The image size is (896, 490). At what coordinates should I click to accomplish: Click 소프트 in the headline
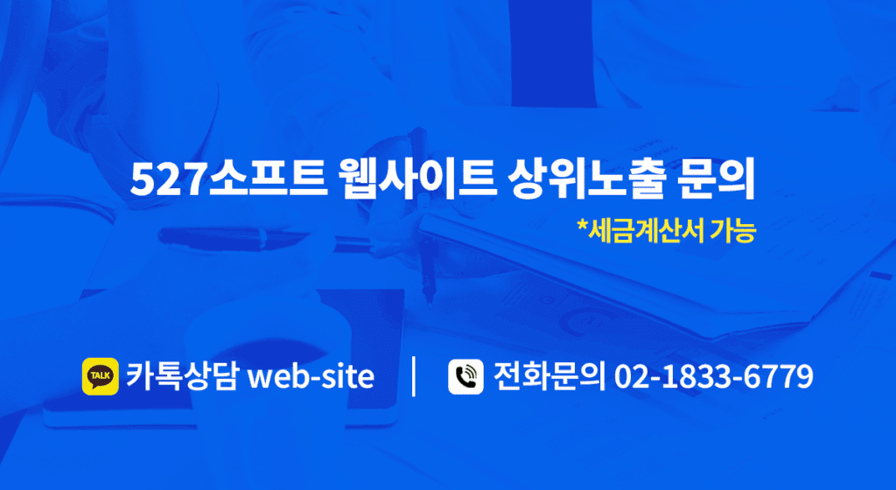click(267, 180)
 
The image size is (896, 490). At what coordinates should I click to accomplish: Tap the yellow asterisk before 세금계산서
click(582, 225)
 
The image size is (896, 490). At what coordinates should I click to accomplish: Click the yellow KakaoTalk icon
click(101, 376)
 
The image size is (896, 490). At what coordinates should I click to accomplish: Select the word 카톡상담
click(181, 376)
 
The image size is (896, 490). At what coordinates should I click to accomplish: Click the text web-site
click(310, 377)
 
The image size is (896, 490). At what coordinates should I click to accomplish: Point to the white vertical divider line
click(414, 376)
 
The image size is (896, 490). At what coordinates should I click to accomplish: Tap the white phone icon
click(465, 376)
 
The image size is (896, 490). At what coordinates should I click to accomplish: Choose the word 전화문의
click(549, 376)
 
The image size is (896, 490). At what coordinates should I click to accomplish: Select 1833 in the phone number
click(698, 377)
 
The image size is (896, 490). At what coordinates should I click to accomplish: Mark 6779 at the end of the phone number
click(779, 377)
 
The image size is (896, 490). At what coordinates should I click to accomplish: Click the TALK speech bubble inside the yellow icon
click(101, 375)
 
